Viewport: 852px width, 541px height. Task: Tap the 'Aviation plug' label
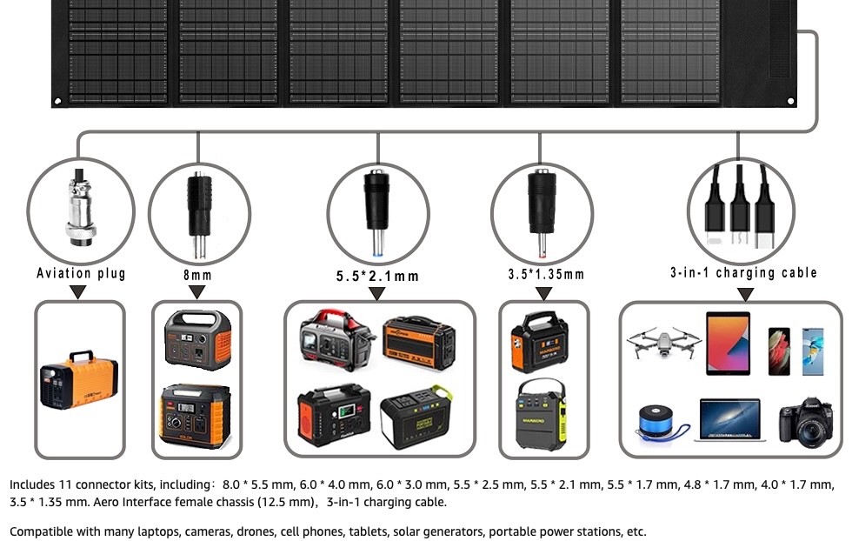pos(81,273)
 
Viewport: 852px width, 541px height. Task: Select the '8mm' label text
pos(197,275)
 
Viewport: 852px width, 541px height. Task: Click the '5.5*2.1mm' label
pos(377,277)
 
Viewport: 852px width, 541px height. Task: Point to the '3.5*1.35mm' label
pos(546,274)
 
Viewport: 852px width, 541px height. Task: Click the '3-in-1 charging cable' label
pos(743,272)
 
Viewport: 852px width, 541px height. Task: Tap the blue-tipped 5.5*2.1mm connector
pos(376,212)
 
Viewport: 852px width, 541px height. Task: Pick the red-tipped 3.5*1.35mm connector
pos(542,213)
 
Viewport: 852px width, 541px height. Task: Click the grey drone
pos(663,342)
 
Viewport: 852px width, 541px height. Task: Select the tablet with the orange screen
pos(729,344)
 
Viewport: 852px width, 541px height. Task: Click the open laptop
pos(729,420)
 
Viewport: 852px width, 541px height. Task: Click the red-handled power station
pos(336,340)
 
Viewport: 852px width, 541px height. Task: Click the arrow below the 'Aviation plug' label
pos(78,292)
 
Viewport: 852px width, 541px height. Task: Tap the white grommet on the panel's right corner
pos(790,101)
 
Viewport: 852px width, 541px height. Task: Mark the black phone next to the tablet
pos(779,351)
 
